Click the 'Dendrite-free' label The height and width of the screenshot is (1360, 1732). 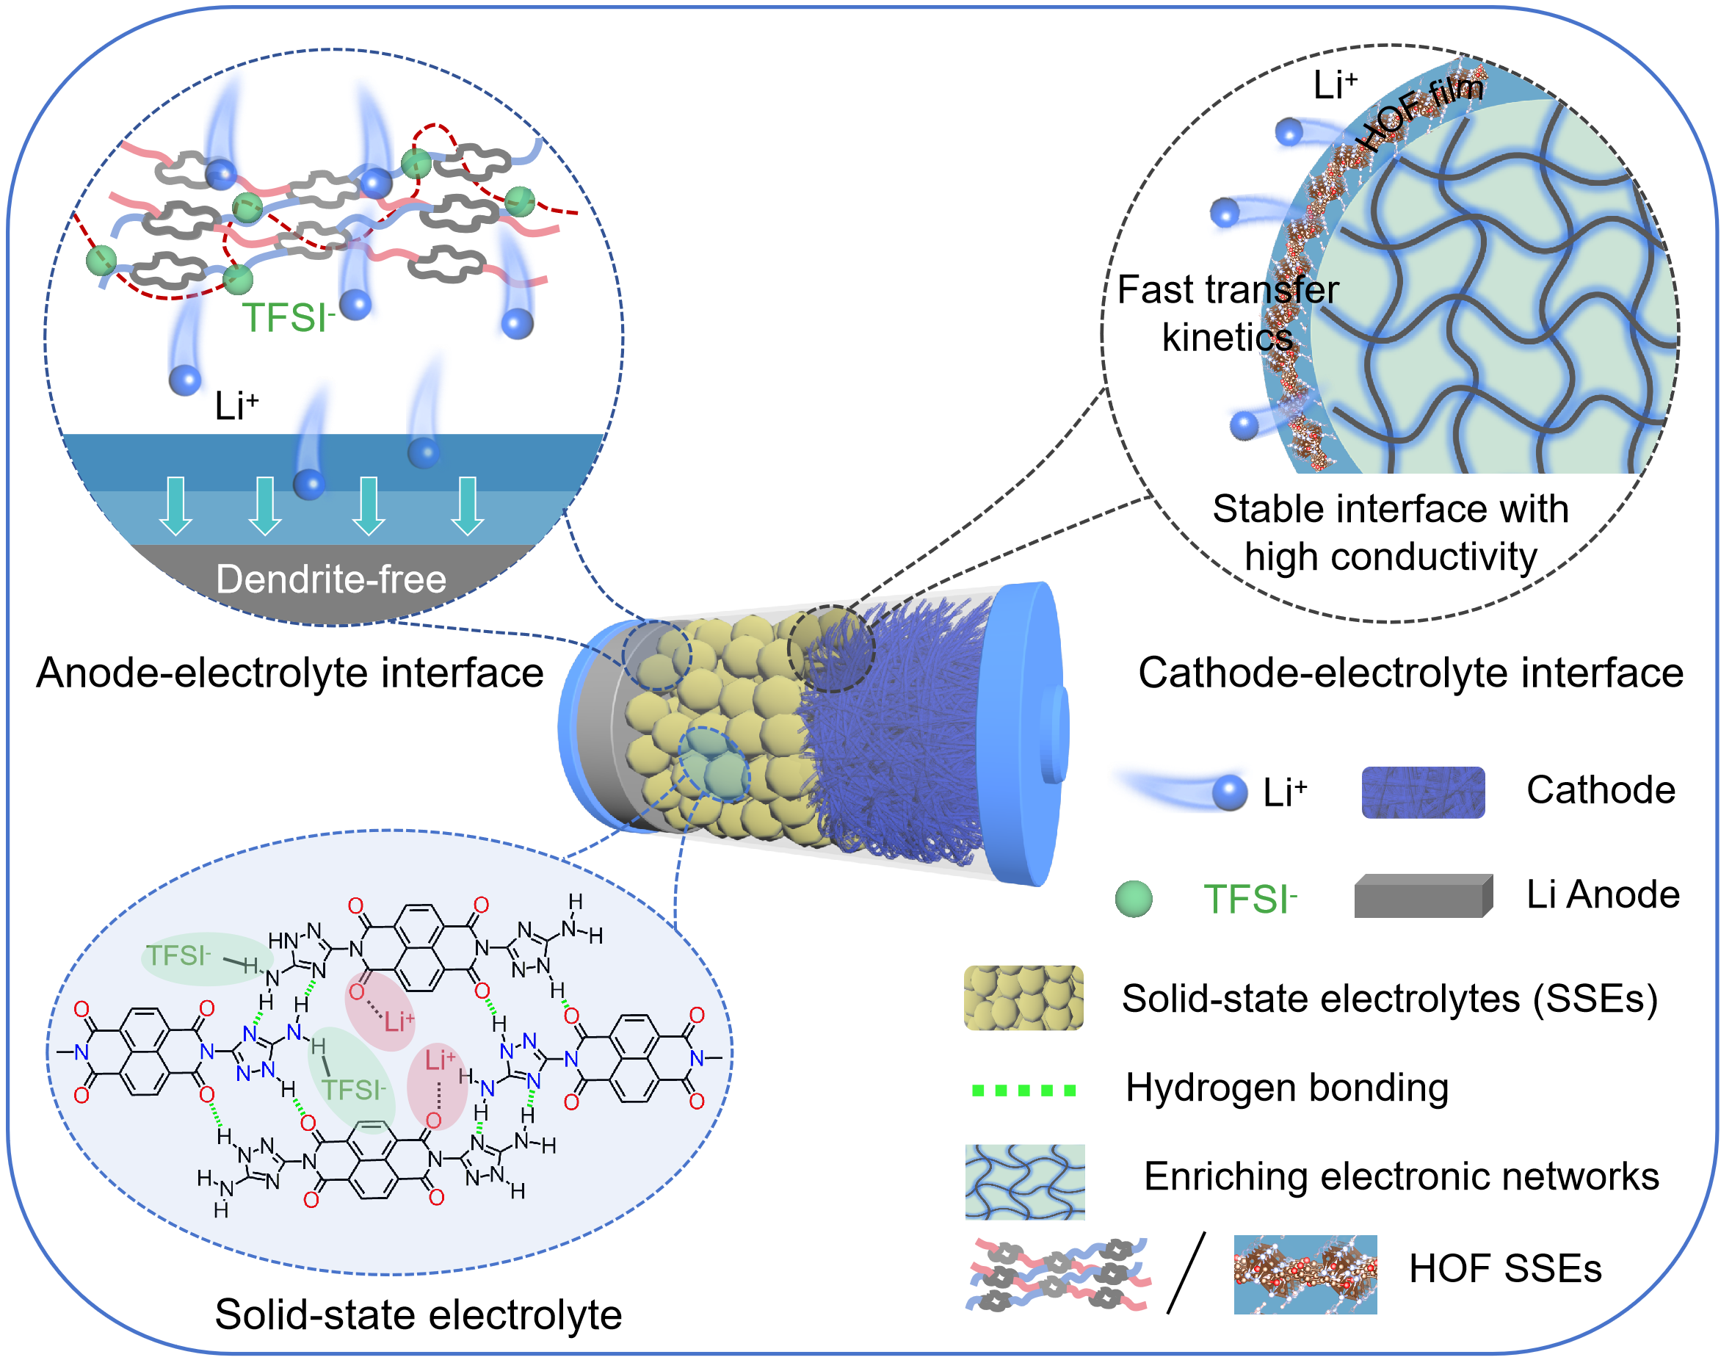click(330, 579)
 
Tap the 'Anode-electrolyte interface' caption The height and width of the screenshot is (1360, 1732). click(290, 673)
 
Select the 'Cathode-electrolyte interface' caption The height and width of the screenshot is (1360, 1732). click(1410, 673)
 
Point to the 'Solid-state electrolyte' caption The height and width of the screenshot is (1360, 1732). click(418, 1314)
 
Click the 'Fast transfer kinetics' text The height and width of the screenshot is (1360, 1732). click(1228, 313)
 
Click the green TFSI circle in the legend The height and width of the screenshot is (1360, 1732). click(1134, 899)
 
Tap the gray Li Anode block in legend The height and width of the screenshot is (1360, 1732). click(1422, 897)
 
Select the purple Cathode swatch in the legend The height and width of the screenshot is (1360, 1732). click(1422, 792)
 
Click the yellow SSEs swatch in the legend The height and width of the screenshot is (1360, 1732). click(1023, 998)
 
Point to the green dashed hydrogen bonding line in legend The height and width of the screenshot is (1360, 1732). click(1023, 1090)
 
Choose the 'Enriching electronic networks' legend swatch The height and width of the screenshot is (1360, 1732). click(1024, 1182)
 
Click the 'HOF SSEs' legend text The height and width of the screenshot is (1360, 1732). click(1504, 1268)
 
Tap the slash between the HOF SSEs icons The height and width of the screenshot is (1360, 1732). click(1186, 1273)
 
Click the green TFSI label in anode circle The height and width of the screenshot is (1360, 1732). click(288, 317)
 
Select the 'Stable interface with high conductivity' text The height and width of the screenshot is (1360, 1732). click(1390, 532)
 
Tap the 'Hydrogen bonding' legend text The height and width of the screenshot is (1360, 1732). click(1286, 1088)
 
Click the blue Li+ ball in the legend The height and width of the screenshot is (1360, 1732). click(1229, 792)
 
